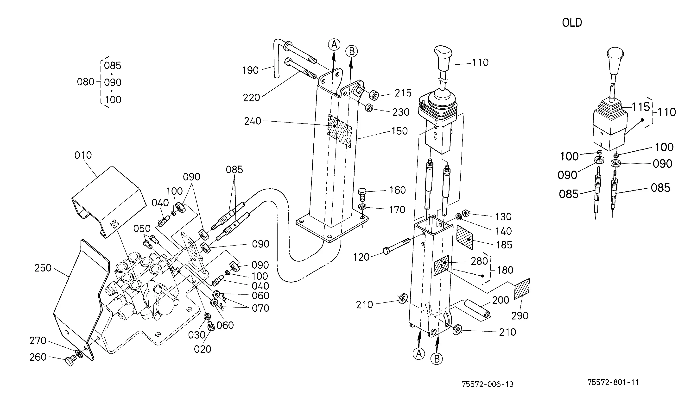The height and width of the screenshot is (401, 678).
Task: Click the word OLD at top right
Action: [572, 23]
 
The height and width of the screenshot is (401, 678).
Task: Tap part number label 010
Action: [83, 155]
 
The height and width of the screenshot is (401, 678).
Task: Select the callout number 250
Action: [43, 268]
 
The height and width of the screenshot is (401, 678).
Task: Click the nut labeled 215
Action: [374, 96]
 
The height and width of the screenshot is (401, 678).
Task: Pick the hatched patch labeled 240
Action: [339, 131]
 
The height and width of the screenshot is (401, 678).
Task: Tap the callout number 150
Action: [399, 131]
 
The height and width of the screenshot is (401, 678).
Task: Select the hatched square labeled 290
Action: [522, 289]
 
